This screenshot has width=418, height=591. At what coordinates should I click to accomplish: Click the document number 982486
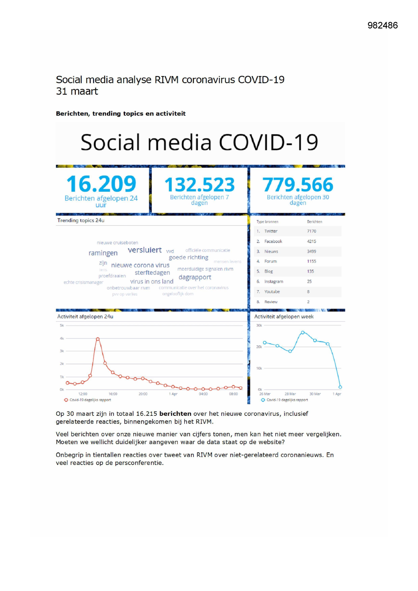(x=382, y=25)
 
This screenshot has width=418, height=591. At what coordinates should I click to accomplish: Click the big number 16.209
(x=101, y=184)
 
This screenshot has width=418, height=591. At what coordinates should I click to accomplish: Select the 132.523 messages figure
(x=199, y=185)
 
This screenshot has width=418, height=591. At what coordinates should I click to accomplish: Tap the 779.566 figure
(x=298, y=185)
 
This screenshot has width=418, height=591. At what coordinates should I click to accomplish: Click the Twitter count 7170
(x=312, y=231)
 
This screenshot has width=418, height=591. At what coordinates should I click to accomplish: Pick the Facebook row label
(x=273, y=241)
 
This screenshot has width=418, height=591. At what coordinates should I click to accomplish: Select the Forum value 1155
(x=312, y=261)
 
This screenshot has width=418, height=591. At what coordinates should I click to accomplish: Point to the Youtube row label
(x=272, y=291)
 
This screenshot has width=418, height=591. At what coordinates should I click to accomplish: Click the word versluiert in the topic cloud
(x=145, y=250)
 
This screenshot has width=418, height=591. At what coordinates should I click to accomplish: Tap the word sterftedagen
(x=152, y=273)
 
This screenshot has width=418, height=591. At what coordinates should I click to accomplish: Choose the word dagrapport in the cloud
(x=195, y=277)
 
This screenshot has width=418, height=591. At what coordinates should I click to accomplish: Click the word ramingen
(x=103, y=253)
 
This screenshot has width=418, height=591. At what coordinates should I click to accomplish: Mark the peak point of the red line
(x=98, y=339)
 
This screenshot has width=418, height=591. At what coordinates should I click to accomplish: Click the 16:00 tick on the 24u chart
(x=113, y=394)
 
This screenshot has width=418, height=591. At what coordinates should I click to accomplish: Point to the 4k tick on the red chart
(x=62, y=338)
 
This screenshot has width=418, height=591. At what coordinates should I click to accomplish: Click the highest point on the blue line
(x=303, y=333)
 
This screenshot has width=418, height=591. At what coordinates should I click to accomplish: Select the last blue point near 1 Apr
(x=340, y=387)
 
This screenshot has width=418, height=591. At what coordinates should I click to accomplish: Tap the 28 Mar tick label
(x=290, y=394)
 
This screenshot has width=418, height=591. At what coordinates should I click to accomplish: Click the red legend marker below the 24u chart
(x=66, y=400)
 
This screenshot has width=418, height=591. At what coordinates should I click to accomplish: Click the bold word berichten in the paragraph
(x=175, y=414)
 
